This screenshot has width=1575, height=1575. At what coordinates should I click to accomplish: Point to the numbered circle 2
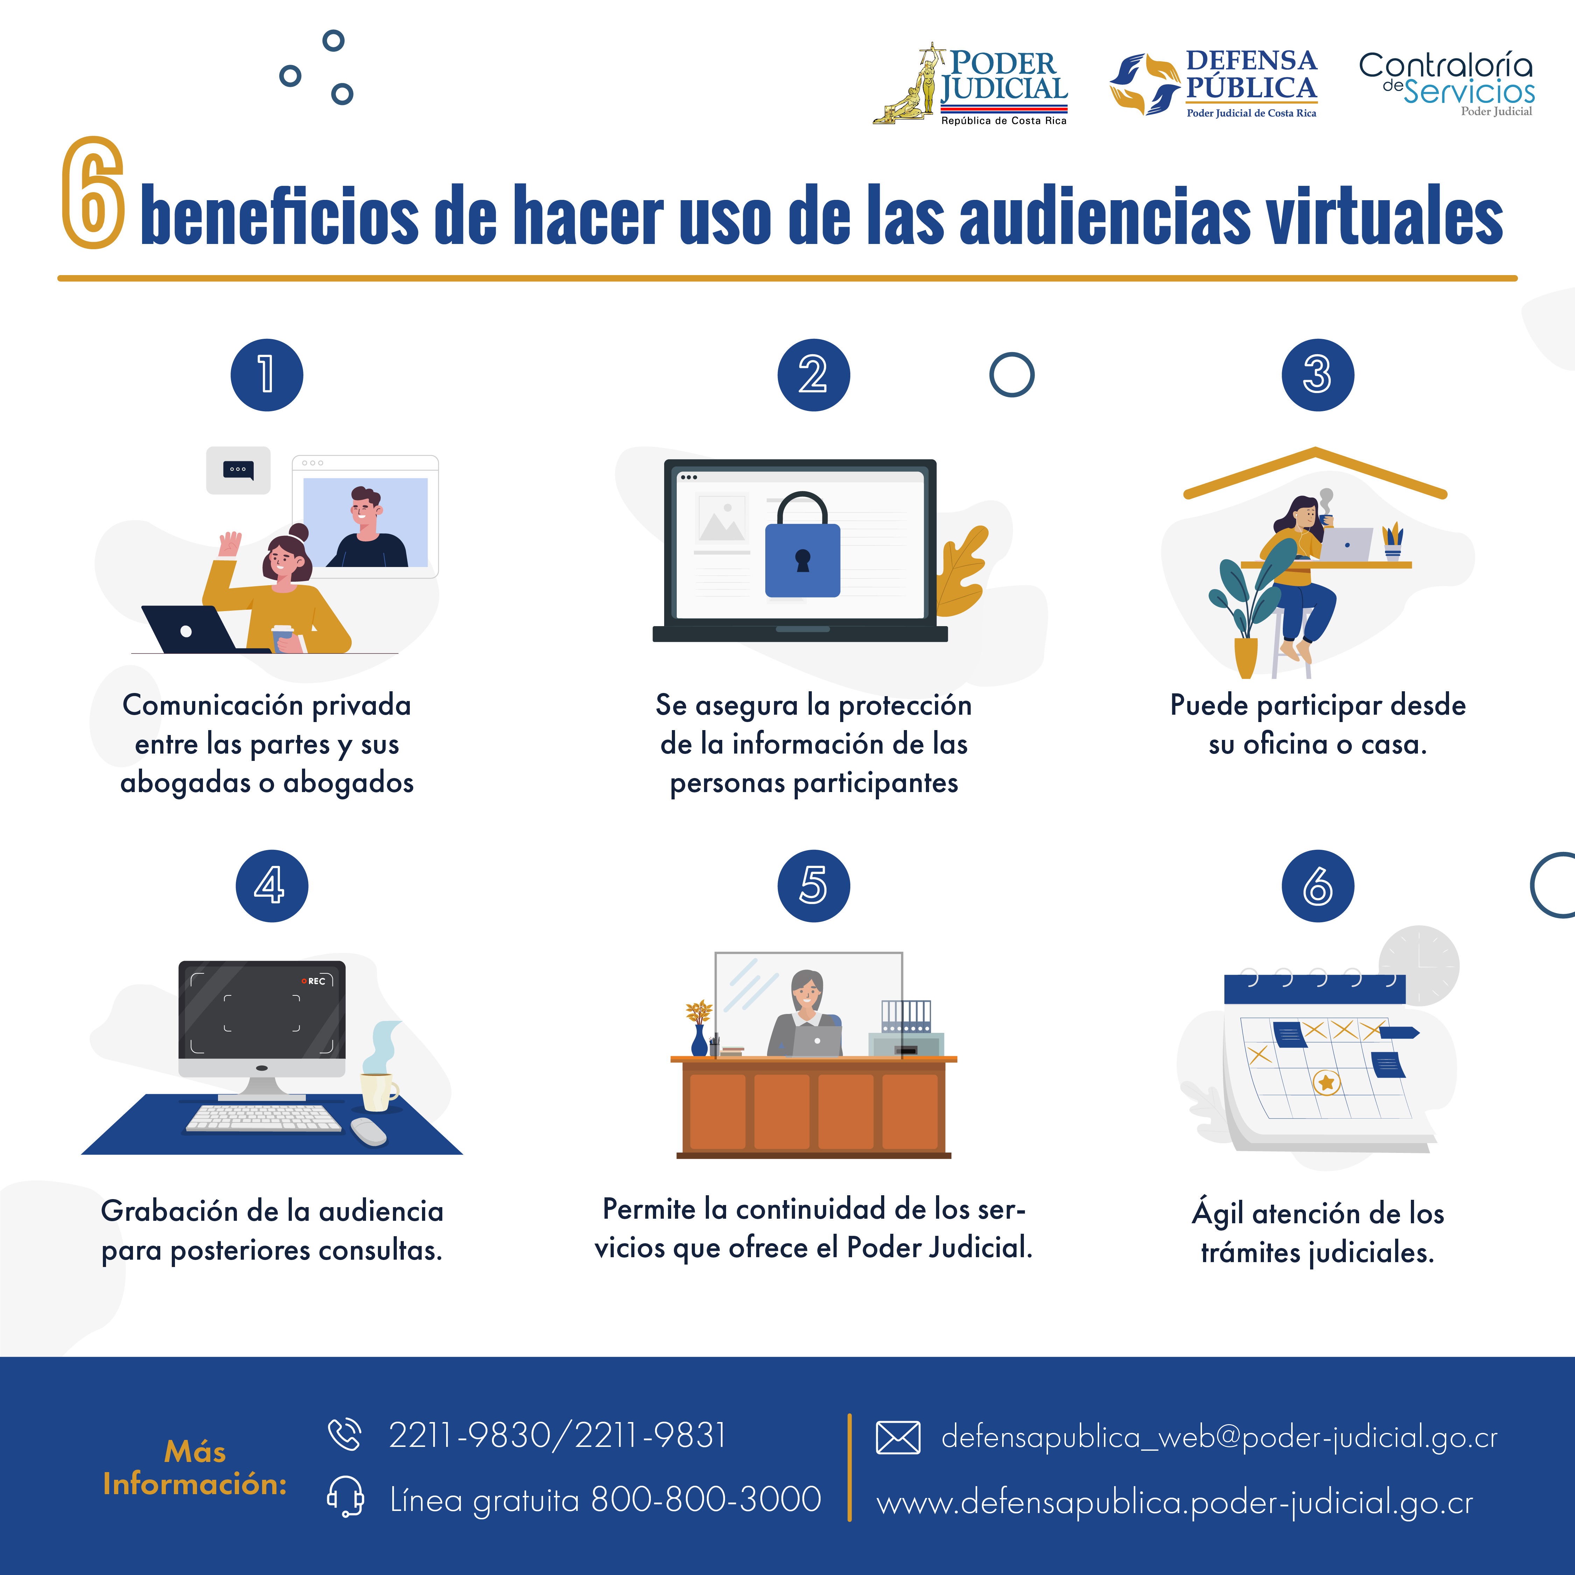click(x=813, y=375)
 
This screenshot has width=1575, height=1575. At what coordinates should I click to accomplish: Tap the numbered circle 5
click(x=813, y=886)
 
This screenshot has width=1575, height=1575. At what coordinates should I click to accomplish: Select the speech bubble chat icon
click(x=238, y=470)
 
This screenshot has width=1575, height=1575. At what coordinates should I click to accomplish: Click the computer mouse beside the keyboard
click(x=368, y=1132)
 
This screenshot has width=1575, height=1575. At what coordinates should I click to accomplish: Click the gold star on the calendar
click(x=1326, y=1083)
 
